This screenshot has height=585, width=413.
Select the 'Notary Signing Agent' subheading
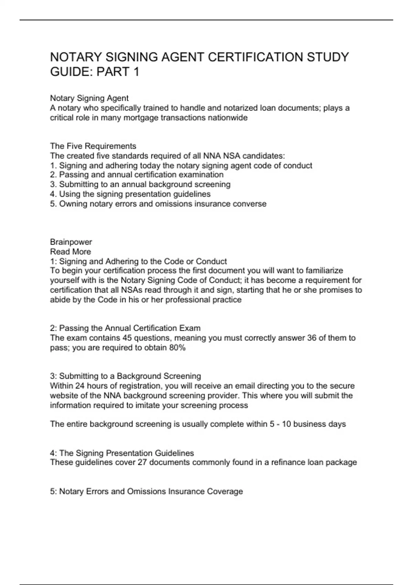pyautogui.click(x=89, y=98)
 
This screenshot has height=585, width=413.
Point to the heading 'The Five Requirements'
pyautogui.click(x=93, y=146)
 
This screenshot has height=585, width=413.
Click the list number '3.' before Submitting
pyautogui.click(x=53, y=184)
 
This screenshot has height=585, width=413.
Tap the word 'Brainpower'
pyautogui.click(x=71, y=242)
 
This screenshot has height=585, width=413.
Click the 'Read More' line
pyautogui.click(x=71, y=252)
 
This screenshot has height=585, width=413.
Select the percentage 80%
pyautogui.click(x=177, y=348)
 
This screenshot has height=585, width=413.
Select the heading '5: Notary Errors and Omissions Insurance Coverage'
pyautogui.click(x=146, y=491)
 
